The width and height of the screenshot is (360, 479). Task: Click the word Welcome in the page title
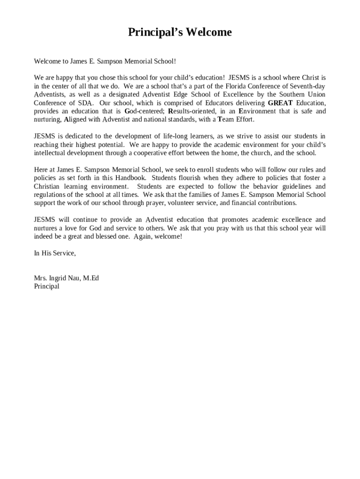(x=209, y=32)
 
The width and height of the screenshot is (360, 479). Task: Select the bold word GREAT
(x=281, y=103)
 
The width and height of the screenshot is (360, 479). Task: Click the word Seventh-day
(x=307, y=86)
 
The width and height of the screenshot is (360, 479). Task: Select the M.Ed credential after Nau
(x=91, y=278)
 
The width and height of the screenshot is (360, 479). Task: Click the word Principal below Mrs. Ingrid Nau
(x=47, y=286)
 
